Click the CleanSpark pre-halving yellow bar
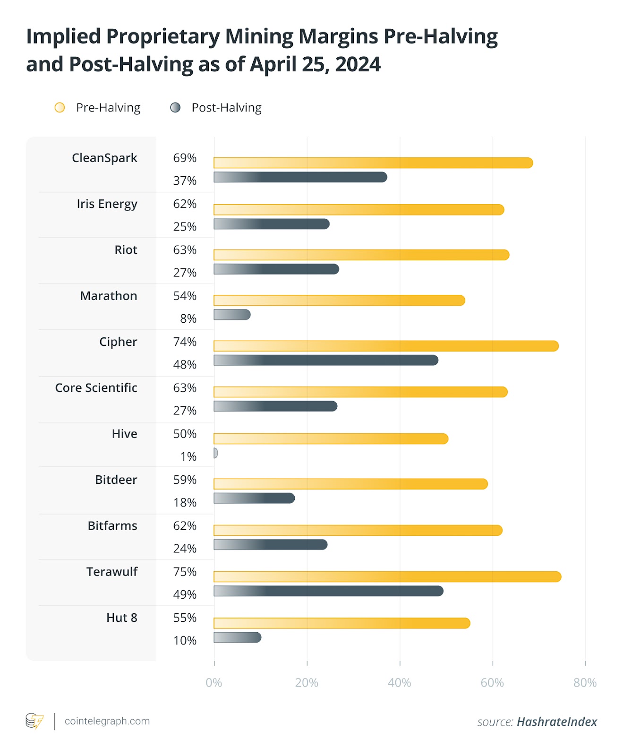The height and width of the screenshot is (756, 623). coord(373,163)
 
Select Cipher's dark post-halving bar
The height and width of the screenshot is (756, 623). coord(326,360)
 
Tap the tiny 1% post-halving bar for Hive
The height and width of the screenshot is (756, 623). coord(215,453)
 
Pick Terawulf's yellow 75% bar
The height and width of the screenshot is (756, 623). coord(387,576)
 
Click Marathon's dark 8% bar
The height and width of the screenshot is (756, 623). coord(232,315)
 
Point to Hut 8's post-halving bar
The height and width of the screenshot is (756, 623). coord(237,637)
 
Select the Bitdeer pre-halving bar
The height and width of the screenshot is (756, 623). coord(350,484)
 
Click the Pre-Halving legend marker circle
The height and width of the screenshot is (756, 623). coord(60,108)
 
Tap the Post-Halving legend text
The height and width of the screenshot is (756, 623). coord(227,108)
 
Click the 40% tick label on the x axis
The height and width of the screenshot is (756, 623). coord(400,683)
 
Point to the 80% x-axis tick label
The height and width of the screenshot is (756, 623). coord(585,683)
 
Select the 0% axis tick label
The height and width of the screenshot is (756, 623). coord(214,683)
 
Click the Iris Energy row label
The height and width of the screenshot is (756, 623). coord(107,204)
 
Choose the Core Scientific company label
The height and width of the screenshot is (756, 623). coord(96,388)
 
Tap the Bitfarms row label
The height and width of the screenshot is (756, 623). coord(112,526)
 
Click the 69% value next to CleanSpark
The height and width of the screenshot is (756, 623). coord(185,158)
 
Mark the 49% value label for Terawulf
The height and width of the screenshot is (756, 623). coord(185,594)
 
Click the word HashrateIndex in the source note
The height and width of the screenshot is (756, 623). coord(557,722)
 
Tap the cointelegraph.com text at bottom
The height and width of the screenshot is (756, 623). coord(107,721)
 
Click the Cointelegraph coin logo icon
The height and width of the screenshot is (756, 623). coord(34,721)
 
